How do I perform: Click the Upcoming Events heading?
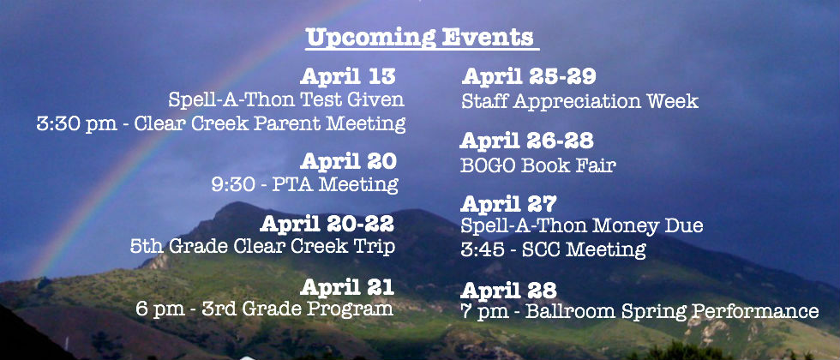(x=421, y=38)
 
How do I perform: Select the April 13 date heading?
(x=348, y=76)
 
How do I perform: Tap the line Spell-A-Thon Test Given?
(x=286, y=99)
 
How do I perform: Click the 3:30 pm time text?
(x=76, y=123)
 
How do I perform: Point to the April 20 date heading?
(x=348, y=161)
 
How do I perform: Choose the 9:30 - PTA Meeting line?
(x=305, y=185)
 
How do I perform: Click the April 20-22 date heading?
(x=327, y=224)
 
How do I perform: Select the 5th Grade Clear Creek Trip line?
(x=262, y=247)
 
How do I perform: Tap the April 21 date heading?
(x=347, y=287)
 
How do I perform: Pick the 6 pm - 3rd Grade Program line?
(x=265, y=309)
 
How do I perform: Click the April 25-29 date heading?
(x=529, y=76)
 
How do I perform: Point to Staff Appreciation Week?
(x=579, y=101)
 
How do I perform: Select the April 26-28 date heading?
(x=526, y=141)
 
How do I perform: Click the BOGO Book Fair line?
(x=538, y=165)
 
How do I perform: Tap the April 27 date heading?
(x=508, y=204)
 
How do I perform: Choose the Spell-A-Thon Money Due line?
(x=582, y=226)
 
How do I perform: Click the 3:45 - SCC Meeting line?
(x=553, y=249)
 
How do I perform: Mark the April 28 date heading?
(x=508, y=291)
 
